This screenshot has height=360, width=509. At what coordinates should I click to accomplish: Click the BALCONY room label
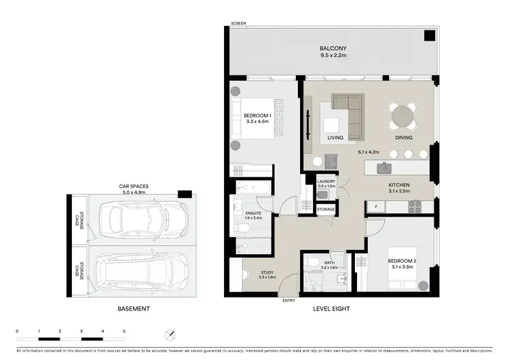pyautogui.click(x=333, y=48)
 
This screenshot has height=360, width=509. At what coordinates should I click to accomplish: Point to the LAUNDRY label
pyautogui.click(x=326, y=182)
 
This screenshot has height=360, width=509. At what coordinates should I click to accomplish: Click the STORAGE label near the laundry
pyautogui.click(x=326, y=209)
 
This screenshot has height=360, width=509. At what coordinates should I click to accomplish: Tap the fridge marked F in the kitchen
pyautogui.click(x=375, y=205)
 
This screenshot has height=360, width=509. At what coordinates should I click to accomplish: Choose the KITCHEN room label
pyautogui.click(x=398, y=185)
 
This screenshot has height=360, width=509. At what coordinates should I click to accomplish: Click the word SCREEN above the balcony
pyautogui.click(x=238, y=23)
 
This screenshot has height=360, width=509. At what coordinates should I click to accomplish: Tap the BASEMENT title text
pyautogui.click(x=132, y=309)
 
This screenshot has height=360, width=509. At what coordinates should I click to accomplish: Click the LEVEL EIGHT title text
pyautogui.click(x=331, y=309)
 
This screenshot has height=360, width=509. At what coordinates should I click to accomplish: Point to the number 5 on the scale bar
pyautogui.click(x=124, y=331)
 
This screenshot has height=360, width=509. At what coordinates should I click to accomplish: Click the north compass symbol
pyautogui.click(x=170, y=334)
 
